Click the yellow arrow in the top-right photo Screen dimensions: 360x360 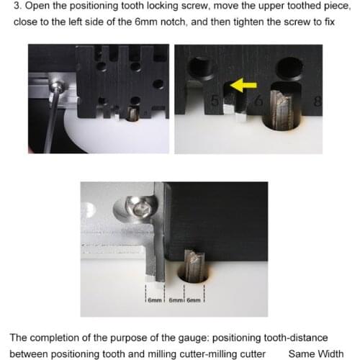pyautogui.click(x=243, y=85)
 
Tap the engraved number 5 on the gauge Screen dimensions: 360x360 pyautogui.click(x=215, y=101)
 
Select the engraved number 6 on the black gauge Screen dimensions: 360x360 pyautogui.click(x=258, y=101)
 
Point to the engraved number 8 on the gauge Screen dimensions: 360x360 pyautogui.click(x=318, y=101)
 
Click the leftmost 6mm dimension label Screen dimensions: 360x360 pyautogui.click(x=155, y=300)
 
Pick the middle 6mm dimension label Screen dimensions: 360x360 pyautogui.click(x=176, y=300)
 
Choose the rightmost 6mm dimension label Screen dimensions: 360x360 pyautogui.click(x=194, y=300)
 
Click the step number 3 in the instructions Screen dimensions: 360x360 pyautogui.click(x=17, y=6)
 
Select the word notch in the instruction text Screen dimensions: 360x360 pyautogui.click(x=173, y=22)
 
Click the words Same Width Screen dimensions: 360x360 pyautogui.click(x=316, y=354)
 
